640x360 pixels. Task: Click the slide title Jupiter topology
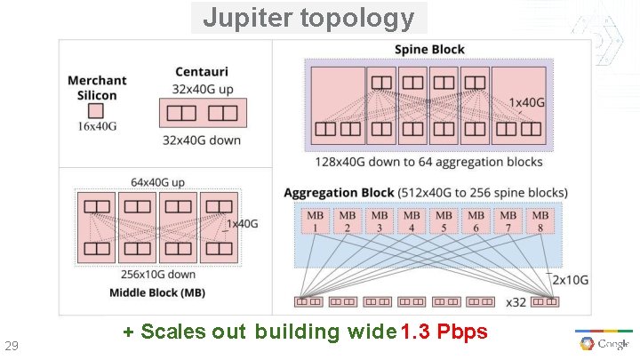(308, 18)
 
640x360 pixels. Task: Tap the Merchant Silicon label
(97, 87)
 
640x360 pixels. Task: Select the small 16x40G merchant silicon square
(97, 111)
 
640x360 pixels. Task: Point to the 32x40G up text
(202, 89)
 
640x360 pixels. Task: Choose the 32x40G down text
(202, 140)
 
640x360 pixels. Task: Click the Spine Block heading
(429, 50)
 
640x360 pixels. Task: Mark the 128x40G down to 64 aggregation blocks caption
(428, 163)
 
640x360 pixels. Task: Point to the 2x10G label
(571, 279)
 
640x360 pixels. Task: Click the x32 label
(516, 302)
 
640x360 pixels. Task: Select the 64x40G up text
(158, 182)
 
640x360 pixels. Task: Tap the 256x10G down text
(159, 274)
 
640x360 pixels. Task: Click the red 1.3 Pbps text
(444, 332)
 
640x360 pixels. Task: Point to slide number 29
(12, 345)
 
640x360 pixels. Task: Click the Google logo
(604, 342)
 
